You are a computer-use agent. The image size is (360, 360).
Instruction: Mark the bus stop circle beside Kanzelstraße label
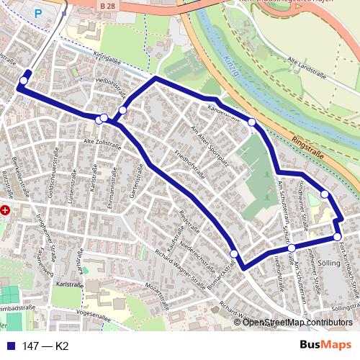[x=251, y=122]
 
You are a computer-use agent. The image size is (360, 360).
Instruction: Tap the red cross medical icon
[x=6, y=210]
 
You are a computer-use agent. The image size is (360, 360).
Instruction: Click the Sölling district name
[x=328, y=264]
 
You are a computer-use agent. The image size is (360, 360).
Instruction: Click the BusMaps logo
[x=325, y=346]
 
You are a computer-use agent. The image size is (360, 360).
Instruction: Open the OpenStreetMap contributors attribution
[x=297, y=322]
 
